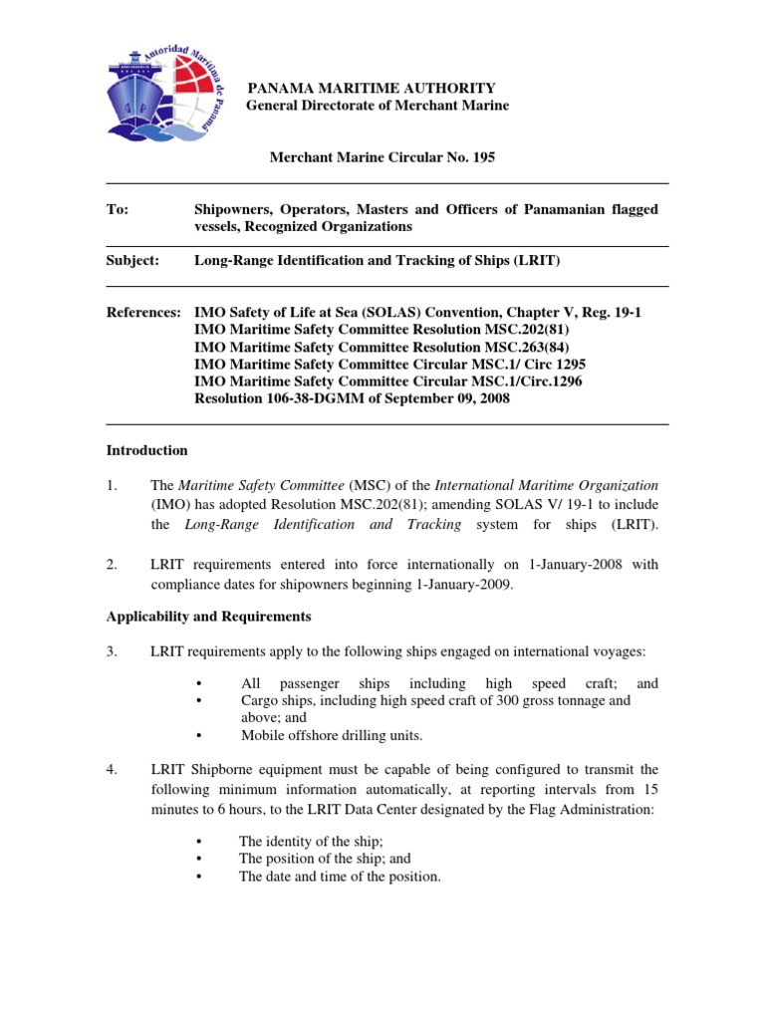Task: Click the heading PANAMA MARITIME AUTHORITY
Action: [371, 89]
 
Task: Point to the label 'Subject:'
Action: [132, 260]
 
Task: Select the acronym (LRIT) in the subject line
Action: [535, 260]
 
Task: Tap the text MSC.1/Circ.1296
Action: [530, 381]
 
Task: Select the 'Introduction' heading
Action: [146, 450]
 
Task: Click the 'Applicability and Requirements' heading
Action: [208, 616]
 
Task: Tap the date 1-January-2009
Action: [463, 584]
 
